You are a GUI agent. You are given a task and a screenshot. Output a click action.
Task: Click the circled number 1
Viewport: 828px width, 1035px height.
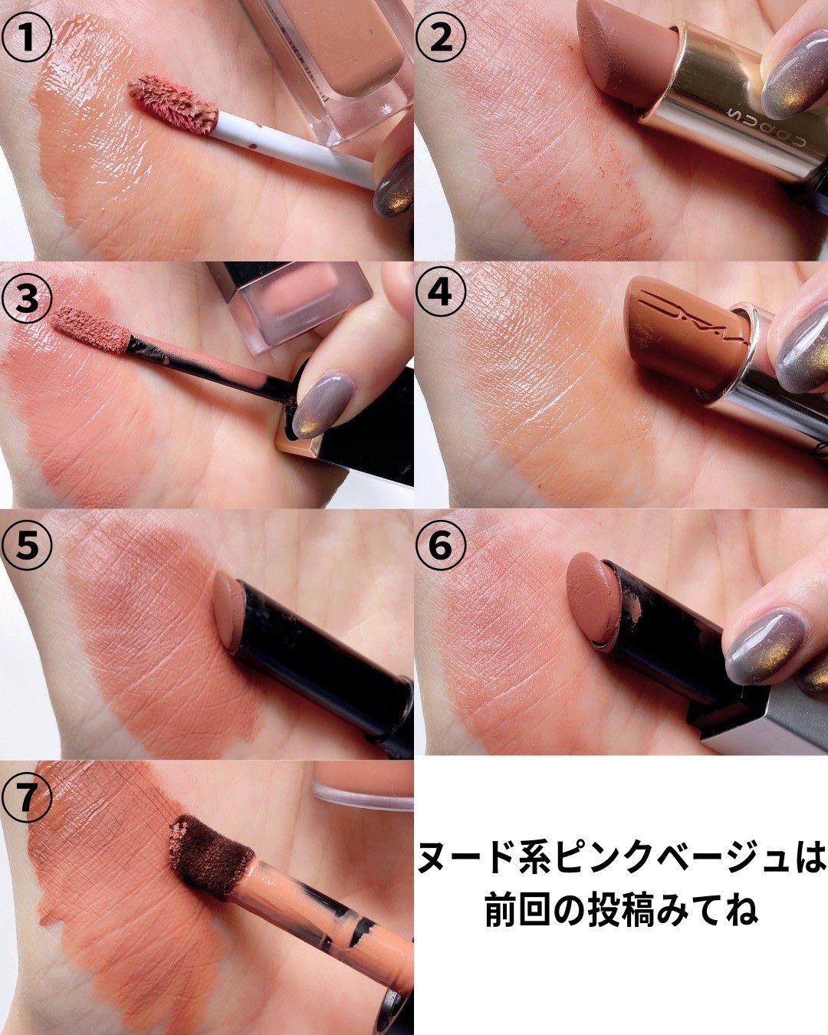(x=27, y=38)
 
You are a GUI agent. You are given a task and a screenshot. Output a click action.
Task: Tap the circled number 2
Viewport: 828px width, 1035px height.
(x=441, y=38)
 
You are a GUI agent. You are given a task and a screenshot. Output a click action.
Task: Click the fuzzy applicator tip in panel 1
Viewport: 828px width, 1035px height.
(x=173, y=104)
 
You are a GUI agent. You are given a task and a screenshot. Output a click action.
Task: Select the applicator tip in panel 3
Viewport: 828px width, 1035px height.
(x=91, y=330)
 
